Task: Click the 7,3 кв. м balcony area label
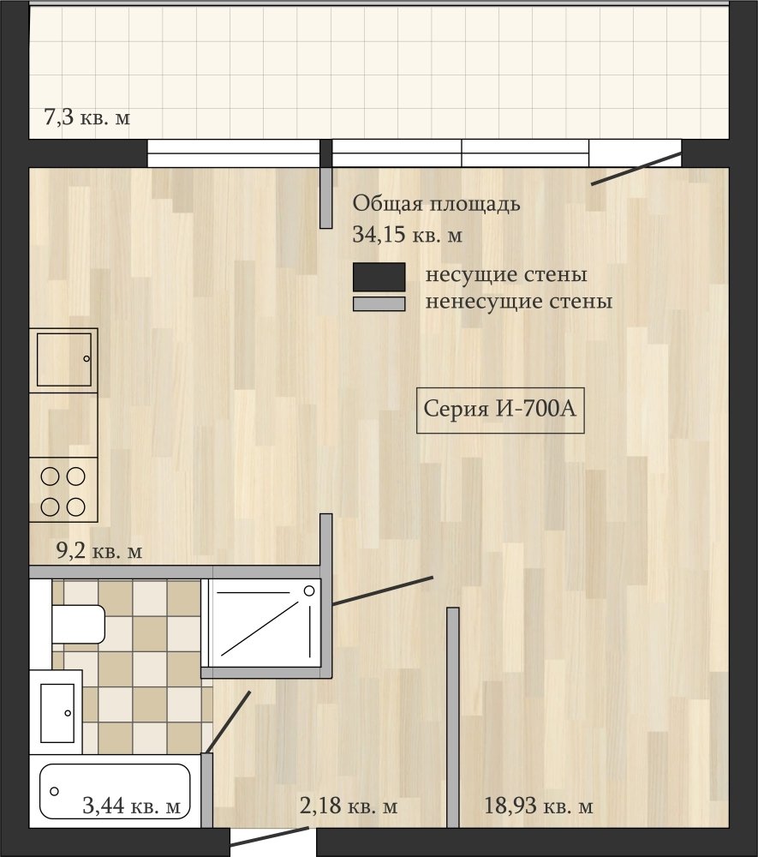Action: coord(87,117)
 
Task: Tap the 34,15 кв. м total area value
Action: coord(408,235)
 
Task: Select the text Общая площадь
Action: coord(436,204)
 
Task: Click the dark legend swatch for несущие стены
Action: coord(379,277)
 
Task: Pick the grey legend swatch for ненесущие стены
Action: coord(379,304)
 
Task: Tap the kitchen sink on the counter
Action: coord(63,360)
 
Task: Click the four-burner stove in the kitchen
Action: coord(63,490)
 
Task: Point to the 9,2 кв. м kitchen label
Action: coord(99,551)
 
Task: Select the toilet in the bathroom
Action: coord(78,624)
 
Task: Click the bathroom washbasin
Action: coord(57,713)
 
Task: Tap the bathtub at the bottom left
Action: coord(116,791)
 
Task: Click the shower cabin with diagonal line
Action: coord(262,624)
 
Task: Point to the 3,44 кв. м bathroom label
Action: coord(132,806)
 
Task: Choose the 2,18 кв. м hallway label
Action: coord(349,806)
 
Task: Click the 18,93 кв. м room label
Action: coord(539,806)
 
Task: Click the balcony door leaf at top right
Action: coord(636,170)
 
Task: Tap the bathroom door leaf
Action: coord(228,722)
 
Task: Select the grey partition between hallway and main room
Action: coord(453,717)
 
